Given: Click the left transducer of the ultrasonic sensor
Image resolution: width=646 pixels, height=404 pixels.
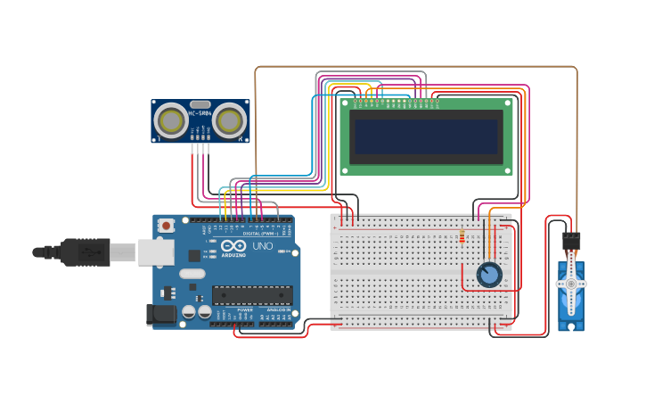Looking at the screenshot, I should pyautogui.click(x=171, y=120).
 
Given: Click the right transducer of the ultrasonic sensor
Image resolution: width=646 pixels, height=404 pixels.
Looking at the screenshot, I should pyautogui.click(x=230, y=120).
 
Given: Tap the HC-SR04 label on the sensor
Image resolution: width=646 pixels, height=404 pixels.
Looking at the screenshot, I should pyautogui.click(x=200, y=113).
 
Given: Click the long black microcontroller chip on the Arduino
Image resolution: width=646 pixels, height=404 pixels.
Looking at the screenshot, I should pyautogui.click(x=252, y=294).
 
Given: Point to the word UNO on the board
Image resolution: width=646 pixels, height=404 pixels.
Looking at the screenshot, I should pyautogui.click(x=263, y=246).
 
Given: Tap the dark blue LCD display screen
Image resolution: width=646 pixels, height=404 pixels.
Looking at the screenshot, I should pyautogui.click(x=426, y=136).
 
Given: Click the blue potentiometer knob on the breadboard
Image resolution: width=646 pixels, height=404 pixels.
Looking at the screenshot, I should pyautogui.click(x=488, y=274).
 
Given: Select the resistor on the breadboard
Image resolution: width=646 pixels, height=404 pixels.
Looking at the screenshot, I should pyautogui.click(x=462, y=236).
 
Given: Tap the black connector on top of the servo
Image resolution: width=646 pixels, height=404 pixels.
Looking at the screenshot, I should pyautogui.click(x=571, y=243).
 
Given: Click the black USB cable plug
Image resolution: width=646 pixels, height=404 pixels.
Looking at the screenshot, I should pyautogui.click(x=85, y=252).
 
